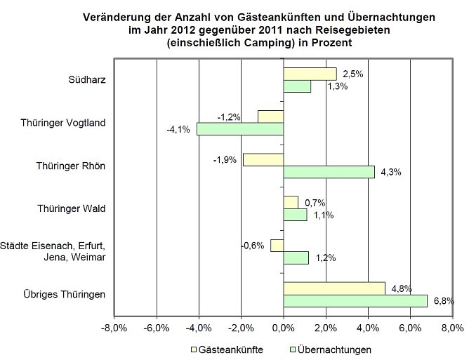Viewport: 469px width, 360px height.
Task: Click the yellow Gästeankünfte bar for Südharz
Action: click(x=310, y=74)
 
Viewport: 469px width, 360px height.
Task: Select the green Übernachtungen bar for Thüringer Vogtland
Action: click(x=240, y=129)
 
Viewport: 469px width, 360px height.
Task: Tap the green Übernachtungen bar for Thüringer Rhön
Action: click(x=329, y=172)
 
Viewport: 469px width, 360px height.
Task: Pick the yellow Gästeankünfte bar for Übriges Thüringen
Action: click(x=334, y=288)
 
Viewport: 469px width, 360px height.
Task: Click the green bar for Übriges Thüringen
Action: click(x=355, y=301)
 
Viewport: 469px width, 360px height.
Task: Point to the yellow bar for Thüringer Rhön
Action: click(x=263, y=159)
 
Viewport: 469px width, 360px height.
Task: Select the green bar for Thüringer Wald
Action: click(x=295, y=215)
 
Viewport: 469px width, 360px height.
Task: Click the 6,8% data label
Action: click(x=443, y=300)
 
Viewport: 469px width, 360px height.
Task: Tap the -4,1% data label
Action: click(x=178, y=129)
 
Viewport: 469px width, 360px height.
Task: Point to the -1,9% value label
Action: click(x=225, y=159)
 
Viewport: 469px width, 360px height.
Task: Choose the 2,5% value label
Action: click(x=353, y=72)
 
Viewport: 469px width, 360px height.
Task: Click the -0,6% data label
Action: click(x=253, y=245)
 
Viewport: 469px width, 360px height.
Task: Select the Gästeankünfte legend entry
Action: click(x=225, y=349)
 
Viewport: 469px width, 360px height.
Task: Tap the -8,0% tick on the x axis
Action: click(x=114, y=328)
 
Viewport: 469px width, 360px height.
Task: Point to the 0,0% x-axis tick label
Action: click(x=283, y=328)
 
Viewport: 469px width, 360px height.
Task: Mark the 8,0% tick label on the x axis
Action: click(x=451, y=328)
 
